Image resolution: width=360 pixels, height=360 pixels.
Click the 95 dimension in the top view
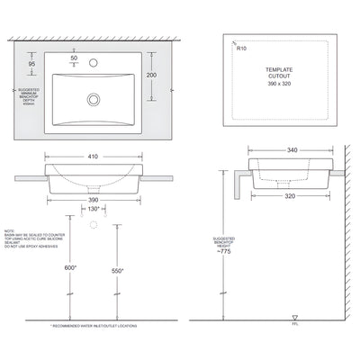click(x=32, y=65)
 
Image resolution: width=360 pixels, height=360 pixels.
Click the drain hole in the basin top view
click(x=93, y=99)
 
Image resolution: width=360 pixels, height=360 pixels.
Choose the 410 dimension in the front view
click(x=93, y=156)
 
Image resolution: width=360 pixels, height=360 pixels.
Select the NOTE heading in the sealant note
click(x=9, y=231)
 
